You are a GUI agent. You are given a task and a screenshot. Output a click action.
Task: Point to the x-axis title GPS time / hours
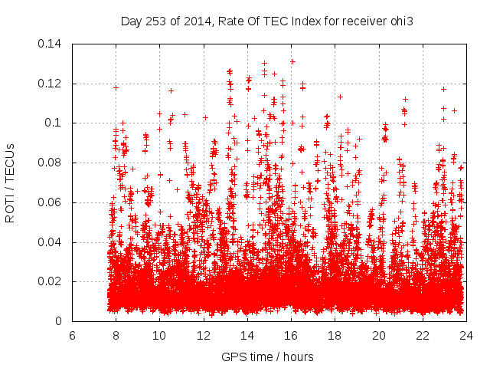[x=267, y=356]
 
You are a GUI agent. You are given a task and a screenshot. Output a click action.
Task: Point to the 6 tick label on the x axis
[x=72, y=335]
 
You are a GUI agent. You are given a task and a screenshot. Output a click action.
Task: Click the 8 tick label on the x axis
[x=116, y=335]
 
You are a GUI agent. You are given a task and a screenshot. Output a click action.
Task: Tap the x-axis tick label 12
[x=204, y=335]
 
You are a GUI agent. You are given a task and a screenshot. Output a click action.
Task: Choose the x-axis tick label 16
[x=291, y=335]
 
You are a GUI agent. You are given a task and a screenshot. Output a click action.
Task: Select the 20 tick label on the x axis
[x=379, y=335]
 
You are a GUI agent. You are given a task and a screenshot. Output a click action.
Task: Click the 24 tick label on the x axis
[x=466, y=335]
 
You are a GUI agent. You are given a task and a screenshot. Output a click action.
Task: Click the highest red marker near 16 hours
[x=292, y=61]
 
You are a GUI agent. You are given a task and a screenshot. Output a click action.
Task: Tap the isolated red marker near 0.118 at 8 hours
[x=116, y=87]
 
